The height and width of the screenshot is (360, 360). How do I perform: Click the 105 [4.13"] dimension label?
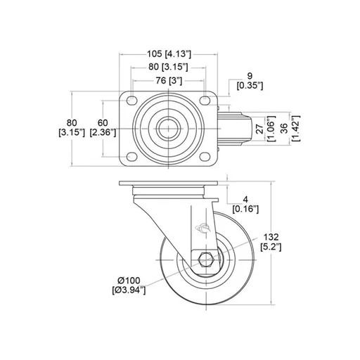click(169, 54)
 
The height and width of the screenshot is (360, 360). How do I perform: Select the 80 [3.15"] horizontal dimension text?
click(168, 67)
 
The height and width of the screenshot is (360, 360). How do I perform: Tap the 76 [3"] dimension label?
click(169, 81)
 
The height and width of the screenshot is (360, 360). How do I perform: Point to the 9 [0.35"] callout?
click(250, 81)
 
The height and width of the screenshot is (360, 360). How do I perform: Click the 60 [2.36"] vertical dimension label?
click(103, 128)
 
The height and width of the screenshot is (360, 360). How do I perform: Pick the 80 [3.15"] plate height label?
click(72, 128)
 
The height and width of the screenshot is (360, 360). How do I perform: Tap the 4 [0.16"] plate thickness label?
click(245, 205)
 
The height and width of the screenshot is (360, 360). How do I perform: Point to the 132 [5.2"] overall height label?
click(271, 242)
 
